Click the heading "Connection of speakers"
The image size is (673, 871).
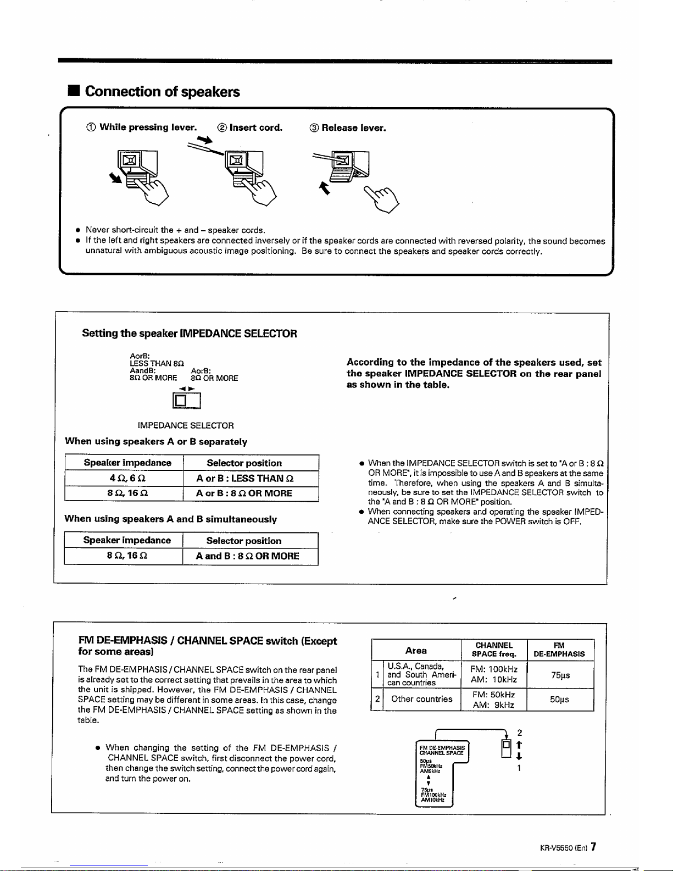coord(162,91)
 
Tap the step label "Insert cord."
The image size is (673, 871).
coord(256,127)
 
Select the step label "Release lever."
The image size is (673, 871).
coord(354,128)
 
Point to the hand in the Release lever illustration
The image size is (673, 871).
coord(381,199)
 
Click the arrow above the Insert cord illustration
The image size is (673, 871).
coord(205,140)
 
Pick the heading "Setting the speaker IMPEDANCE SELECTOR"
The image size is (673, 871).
coord(190,333)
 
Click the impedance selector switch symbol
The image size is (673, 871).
coord(186,401)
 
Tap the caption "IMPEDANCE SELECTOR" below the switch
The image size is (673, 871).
coord(186,425)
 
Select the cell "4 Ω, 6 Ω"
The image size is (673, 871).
coord(127,478)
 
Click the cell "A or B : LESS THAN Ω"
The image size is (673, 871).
coord(245,478)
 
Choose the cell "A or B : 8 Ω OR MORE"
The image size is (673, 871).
coord(244,493)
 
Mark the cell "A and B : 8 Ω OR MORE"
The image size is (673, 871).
coord(248,556)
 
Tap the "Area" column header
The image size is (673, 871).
coord(416,650)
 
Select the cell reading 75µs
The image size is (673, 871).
coord(560,675)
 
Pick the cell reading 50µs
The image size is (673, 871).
coord(560,700)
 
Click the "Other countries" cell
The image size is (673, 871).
coord(422,699)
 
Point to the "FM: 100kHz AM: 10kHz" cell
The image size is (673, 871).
coord(494,674)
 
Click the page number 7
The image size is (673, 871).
coord(594,846)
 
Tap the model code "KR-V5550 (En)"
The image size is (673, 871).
coord(563,848)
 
